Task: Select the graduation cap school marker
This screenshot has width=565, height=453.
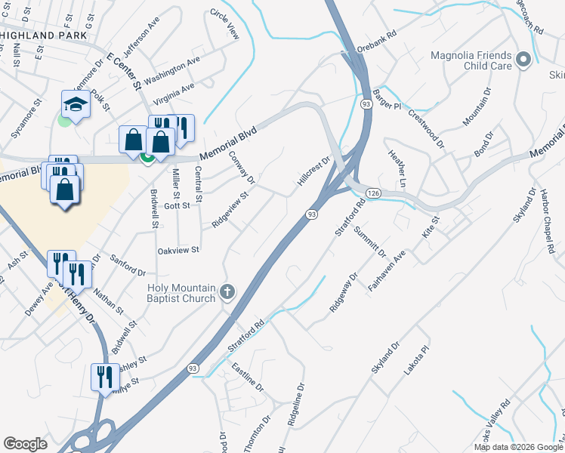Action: pyautogui.click(x=76, y=103)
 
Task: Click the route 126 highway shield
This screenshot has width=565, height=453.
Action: pyautogui.click(x=372, y=194)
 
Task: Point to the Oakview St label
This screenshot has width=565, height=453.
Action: pyautogui.click(x=178, y=250)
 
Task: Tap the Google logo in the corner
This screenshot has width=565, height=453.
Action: pyautogui.click(x=25, y=444)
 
